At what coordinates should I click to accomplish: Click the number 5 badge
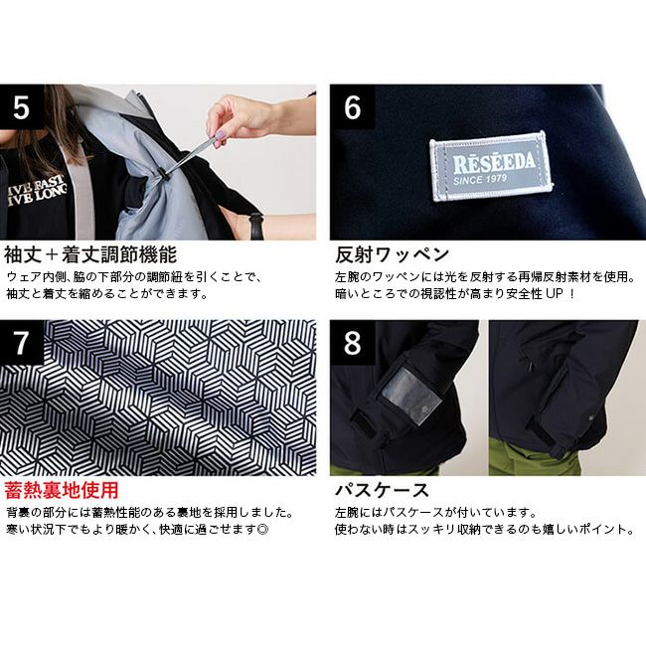coord(22,106)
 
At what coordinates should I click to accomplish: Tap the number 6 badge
coord(352,106)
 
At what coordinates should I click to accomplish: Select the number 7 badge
coord(22,342)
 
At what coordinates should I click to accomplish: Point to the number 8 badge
coord(352,342)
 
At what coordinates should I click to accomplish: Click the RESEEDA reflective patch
coord(491,166)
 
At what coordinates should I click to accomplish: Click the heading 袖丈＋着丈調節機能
coord(90,254)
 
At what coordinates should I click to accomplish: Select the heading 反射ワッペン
coord(392,254)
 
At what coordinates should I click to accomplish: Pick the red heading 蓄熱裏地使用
coord(62,490)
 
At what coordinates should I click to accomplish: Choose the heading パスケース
coord(382,490)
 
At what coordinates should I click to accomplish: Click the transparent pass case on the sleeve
coord(411,396)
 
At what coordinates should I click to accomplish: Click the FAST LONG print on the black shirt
coord(37,190)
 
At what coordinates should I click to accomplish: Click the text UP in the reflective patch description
coord(555,294)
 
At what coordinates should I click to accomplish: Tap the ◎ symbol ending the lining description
coord(262,529)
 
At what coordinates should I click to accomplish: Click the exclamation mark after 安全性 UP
coord(571,294)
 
